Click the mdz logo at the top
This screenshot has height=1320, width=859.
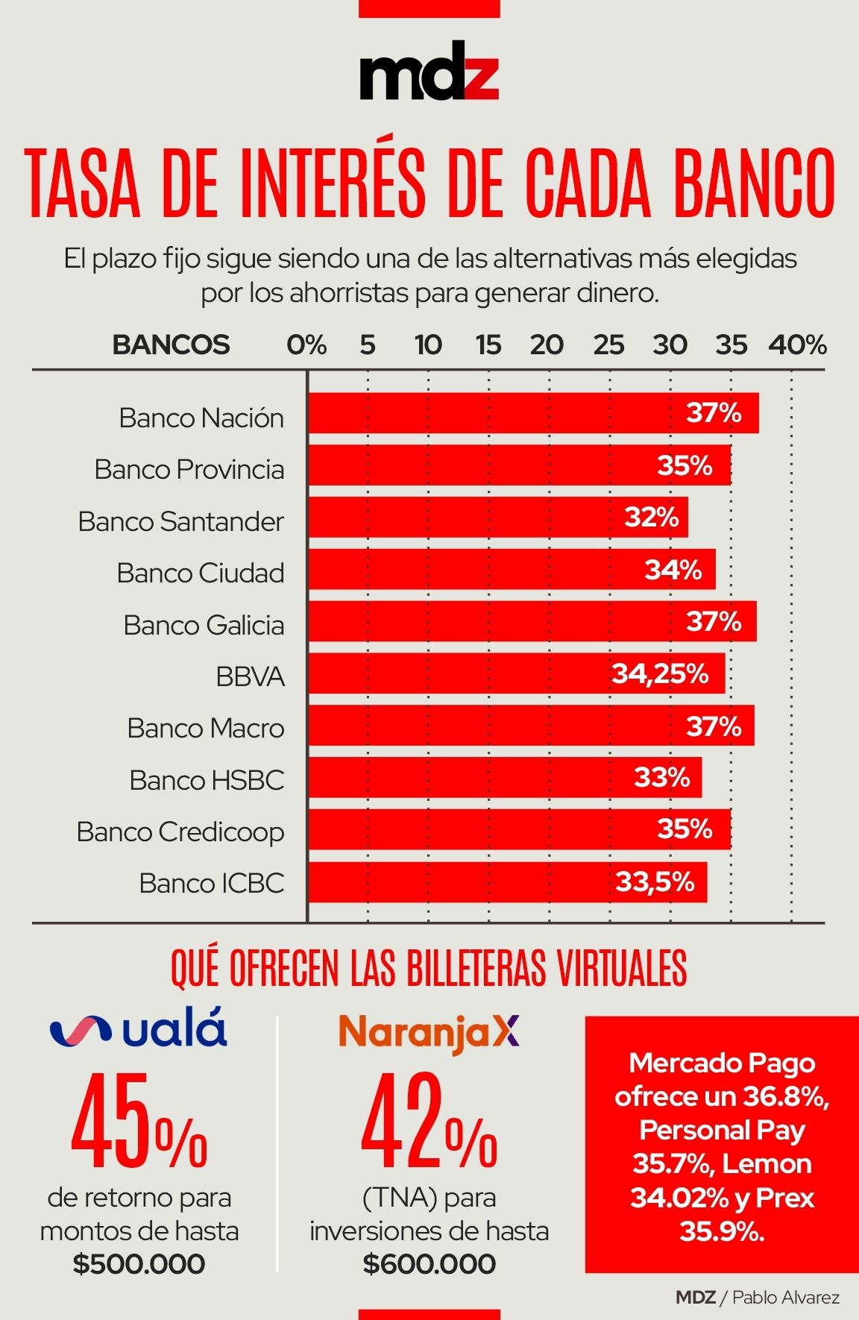pos(429,72)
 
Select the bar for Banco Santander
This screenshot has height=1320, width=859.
pos(497,517)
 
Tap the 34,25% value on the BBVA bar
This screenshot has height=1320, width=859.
pos(660,674)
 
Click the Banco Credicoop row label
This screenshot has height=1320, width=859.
pos(180,832)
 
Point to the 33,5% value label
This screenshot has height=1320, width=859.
pos(655,882)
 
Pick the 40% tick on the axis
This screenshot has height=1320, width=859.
pos(797,345)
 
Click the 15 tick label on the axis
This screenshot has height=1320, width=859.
pos(488,345)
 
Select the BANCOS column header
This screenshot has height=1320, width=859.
pos(171,345)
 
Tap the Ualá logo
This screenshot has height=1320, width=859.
pos(139,1030)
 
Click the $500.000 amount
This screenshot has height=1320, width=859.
pos(139,1263)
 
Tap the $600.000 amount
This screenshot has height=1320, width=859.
pos(429,1263)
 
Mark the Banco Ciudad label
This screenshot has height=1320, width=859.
pos(201,573)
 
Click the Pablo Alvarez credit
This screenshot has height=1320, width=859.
pos(785,1297)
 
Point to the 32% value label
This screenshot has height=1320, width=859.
pos(651,517)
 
